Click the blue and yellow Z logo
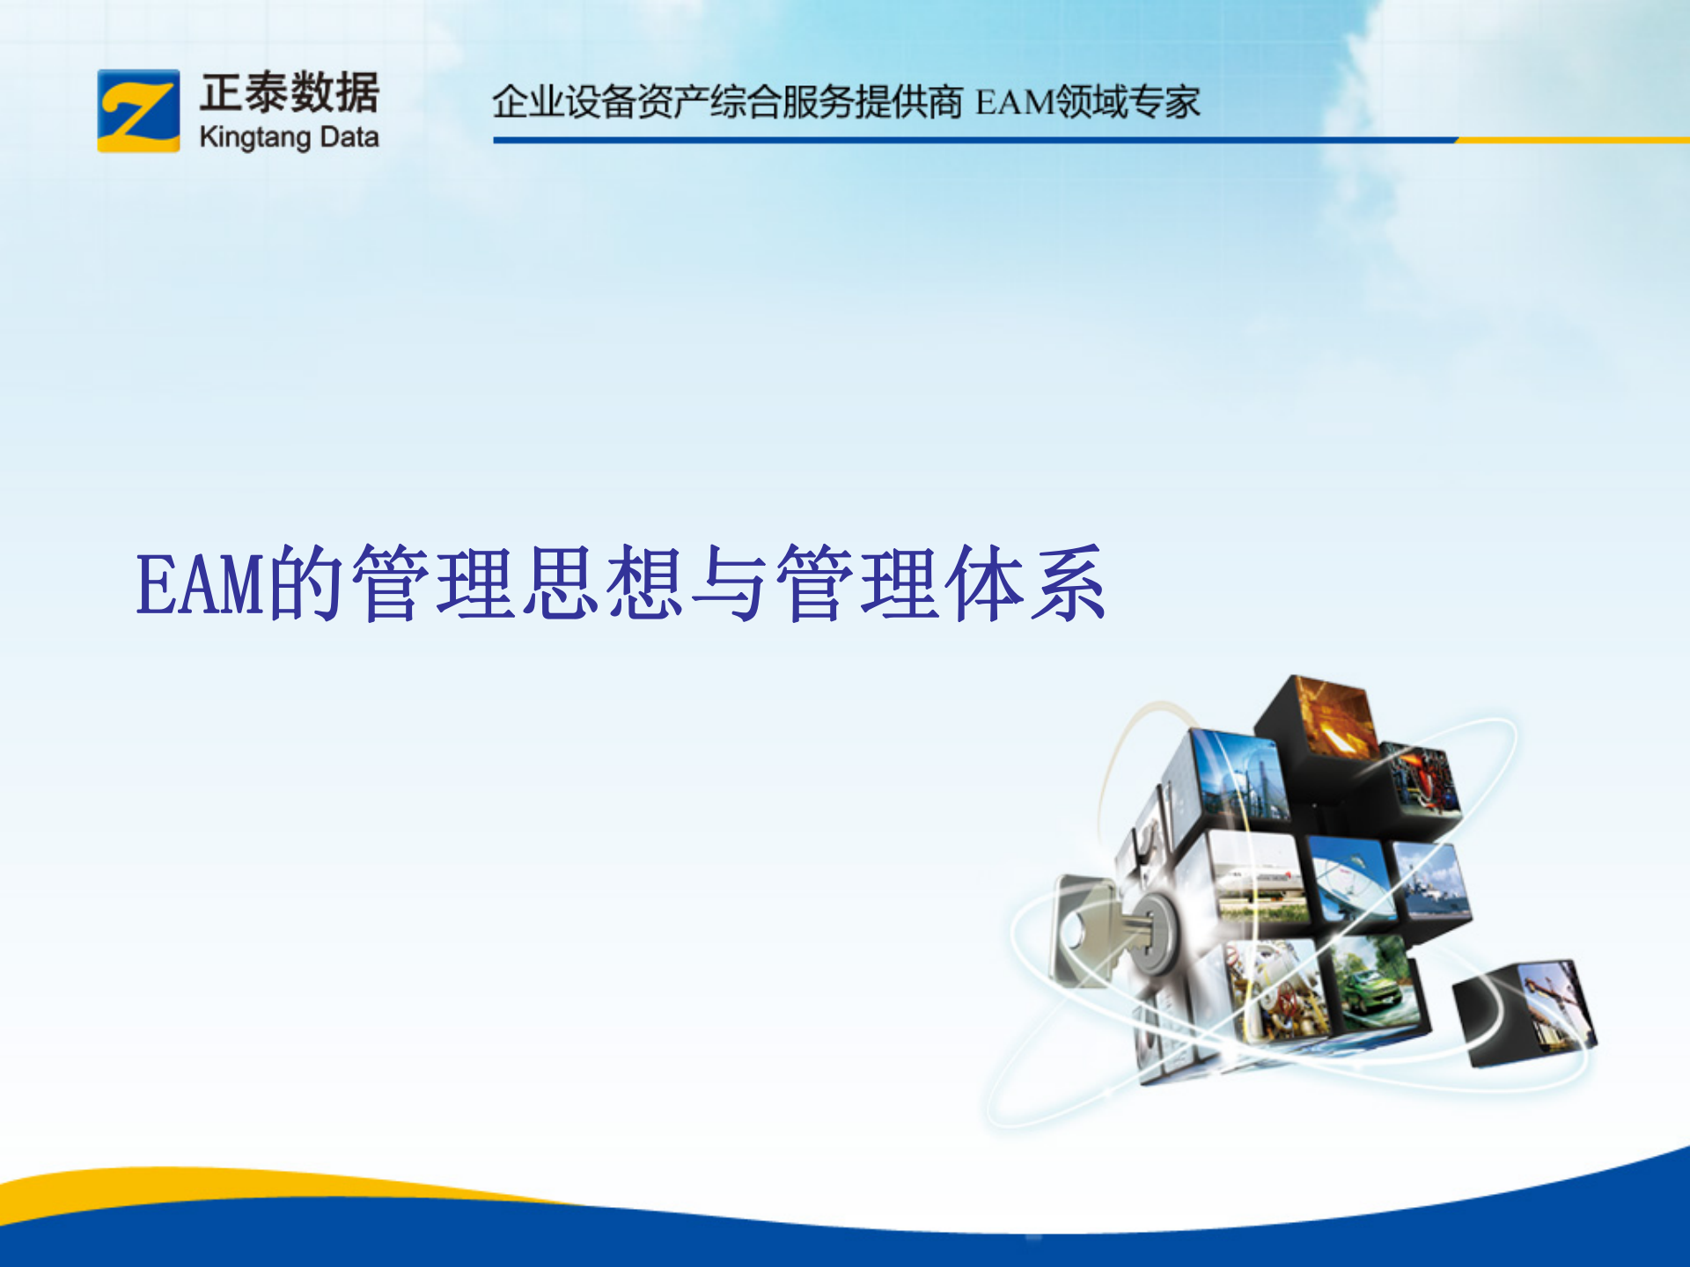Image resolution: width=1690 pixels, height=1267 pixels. [x=138, y=111]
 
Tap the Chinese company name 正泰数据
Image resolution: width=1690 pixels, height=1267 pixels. [x=290, y=92]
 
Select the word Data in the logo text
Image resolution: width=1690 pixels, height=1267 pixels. [x=349, y=137]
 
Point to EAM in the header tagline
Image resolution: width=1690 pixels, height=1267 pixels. [x=1014, y=103]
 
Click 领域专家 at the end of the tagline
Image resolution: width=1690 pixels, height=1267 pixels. [x=1128, y=102]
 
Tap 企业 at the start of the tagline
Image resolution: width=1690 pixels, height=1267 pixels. [x=527, y=102]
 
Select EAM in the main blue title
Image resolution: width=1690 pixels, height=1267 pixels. [x=201, y=585]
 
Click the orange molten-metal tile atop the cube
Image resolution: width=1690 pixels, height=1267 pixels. [x=1334, y=717]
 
